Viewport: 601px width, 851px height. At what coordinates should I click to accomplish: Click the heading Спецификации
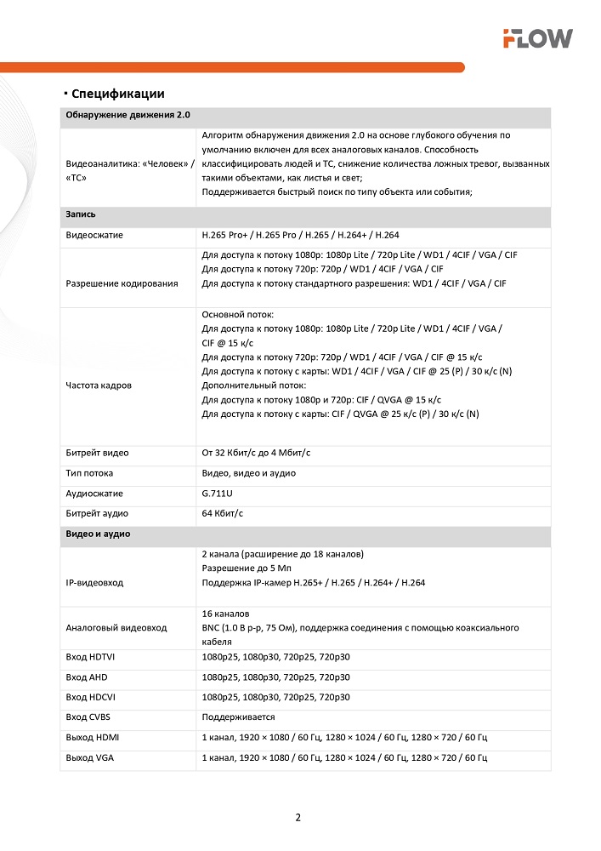(117, 94)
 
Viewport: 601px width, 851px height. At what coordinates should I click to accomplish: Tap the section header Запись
(80, 214)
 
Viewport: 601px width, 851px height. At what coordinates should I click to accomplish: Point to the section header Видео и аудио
(98, 534)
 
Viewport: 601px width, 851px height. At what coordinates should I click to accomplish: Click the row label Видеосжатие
(94, 234)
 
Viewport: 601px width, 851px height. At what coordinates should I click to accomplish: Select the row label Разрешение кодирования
(122, 283)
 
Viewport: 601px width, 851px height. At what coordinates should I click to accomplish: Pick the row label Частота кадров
(99, 386)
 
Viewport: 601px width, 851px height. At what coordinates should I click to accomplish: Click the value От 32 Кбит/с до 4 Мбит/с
(262, 453)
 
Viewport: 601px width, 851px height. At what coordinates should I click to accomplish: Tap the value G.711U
(217, 494)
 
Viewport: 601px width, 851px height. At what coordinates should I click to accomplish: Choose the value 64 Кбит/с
(223, 513)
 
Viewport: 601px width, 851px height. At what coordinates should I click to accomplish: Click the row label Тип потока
(89, 473)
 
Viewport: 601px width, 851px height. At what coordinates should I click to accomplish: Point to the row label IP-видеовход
(94, 582)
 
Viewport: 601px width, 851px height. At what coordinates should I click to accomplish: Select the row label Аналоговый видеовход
(116, 627)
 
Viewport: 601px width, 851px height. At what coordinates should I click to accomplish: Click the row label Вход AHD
(87, 677)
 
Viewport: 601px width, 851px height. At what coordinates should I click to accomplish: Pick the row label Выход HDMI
(92, 737)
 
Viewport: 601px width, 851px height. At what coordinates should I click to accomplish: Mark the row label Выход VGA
(89, 757)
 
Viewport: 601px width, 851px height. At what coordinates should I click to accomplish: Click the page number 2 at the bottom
(298, 819)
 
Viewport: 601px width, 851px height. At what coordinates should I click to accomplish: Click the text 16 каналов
(225, 614)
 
